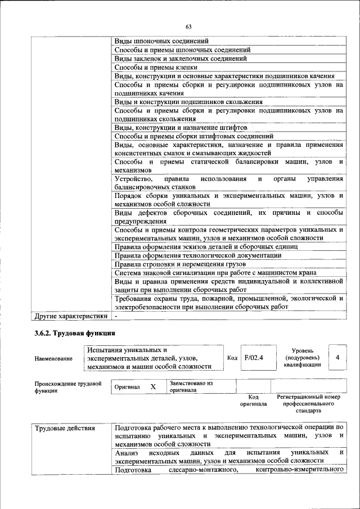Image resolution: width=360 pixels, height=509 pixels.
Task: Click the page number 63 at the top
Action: [x=188, y=27]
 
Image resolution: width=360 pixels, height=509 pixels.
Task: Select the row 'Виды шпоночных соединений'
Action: [x=161, y=42]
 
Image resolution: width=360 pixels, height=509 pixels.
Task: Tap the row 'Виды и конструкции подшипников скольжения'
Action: [x=188, y=102]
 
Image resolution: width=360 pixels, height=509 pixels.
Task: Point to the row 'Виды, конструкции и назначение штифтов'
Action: [x=181, y=128]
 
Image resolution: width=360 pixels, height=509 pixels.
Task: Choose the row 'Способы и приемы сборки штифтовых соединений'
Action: [x=193, y=136]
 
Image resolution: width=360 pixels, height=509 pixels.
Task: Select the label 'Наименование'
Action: [x=53, y=358]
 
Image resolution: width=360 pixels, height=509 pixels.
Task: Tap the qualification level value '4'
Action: [x=337, y=358]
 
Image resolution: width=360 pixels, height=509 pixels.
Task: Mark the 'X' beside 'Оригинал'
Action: [x=152, y=387]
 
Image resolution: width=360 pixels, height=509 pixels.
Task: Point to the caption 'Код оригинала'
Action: [x=253, y=400]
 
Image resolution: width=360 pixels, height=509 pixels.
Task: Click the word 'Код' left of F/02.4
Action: [x=232, y=358]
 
